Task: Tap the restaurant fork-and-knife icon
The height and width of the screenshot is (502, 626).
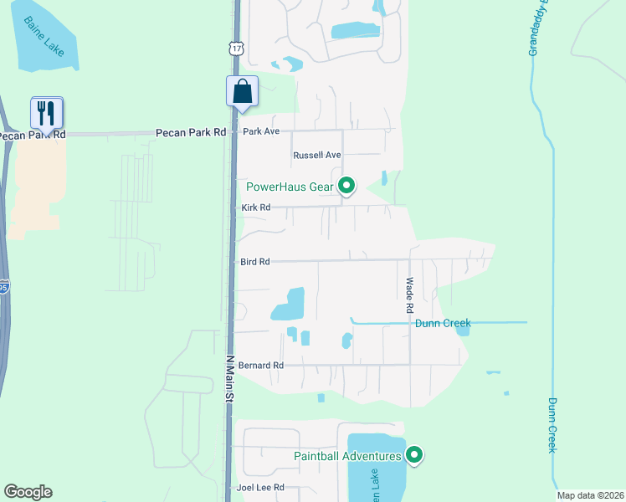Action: (x=47, y=112)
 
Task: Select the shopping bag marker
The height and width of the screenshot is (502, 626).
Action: (x=242, y=90)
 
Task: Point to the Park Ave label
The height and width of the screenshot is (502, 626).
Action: (x=260, y=131)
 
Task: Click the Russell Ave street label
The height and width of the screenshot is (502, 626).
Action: (x=317, y=156)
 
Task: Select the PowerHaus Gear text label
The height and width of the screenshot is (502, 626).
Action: (x=290, y=186)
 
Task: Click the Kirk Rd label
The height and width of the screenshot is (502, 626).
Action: (x=256, y=207)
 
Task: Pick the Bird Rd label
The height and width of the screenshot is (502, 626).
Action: (x=254, y=262)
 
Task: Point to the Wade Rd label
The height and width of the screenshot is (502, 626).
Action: (x=410, y=296)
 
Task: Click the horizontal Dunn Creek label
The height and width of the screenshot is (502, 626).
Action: (x=444, y=323)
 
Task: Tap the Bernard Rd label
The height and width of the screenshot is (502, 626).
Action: (x=261, y=366)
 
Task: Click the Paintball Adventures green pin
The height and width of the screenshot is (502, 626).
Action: (x=413, y=455)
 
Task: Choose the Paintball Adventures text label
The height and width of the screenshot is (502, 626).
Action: (x=348, y=456)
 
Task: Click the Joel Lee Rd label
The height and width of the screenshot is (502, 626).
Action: (x=260, y=487)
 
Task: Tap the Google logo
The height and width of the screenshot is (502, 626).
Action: (x=28, y=492)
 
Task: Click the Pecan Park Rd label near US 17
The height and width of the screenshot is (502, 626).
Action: (x=191, y=132)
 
